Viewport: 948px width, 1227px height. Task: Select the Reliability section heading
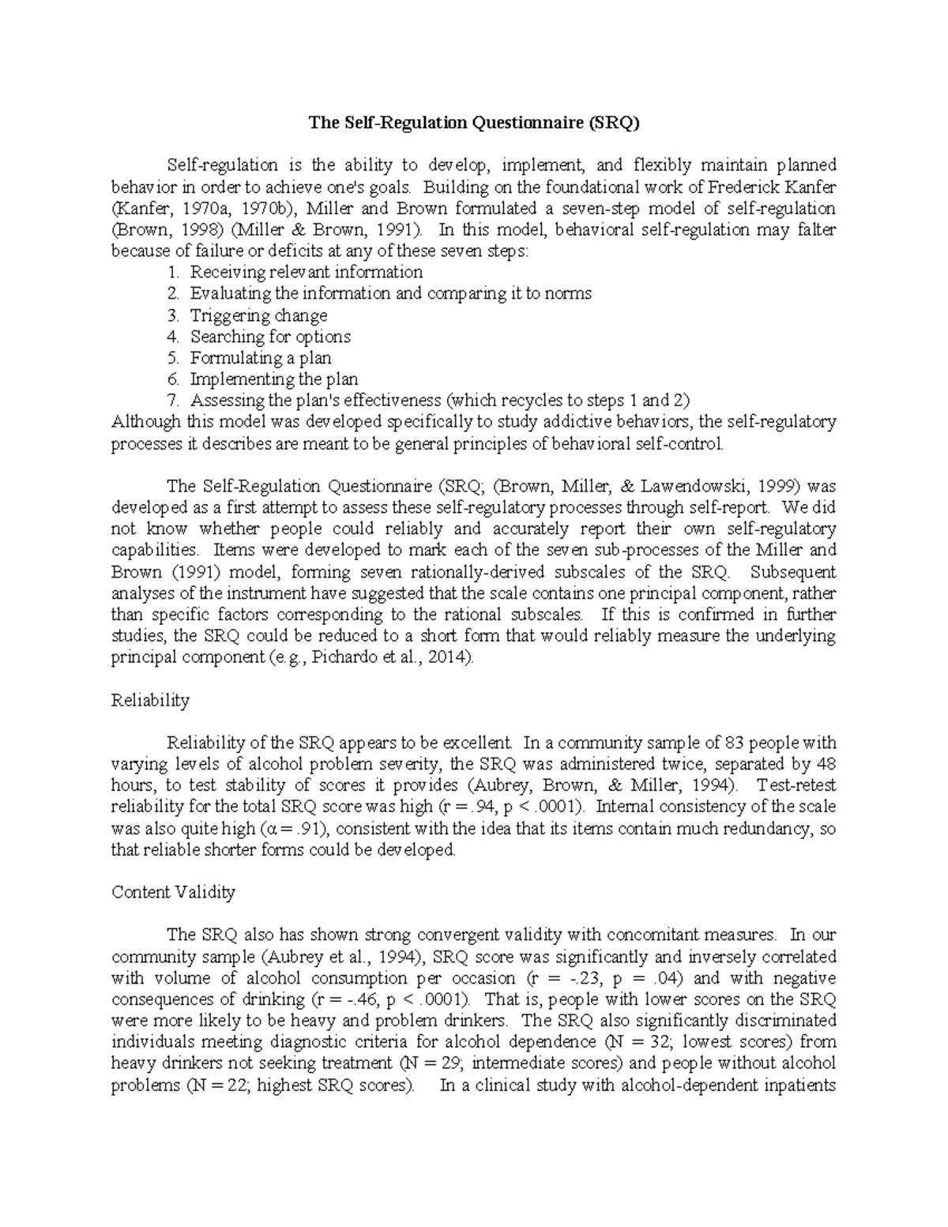150,700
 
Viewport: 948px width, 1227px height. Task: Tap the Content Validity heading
173,892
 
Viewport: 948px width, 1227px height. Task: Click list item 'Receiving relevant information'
306,273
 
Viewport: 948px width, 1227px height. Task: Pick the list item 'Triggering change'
258,315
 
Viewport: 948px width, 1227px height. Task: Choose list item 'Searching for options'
270,337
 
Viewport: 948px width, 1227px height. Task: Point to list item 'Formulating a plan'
261,358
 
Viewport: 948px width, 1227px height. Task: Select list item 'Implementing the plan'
273,379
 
